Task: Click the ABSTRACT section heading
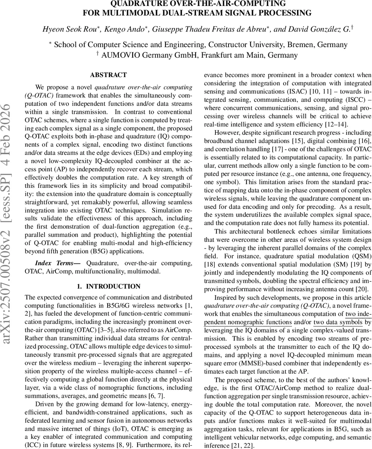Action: (108, 75)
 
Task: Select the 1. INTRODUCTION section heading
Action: (108, 286)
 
